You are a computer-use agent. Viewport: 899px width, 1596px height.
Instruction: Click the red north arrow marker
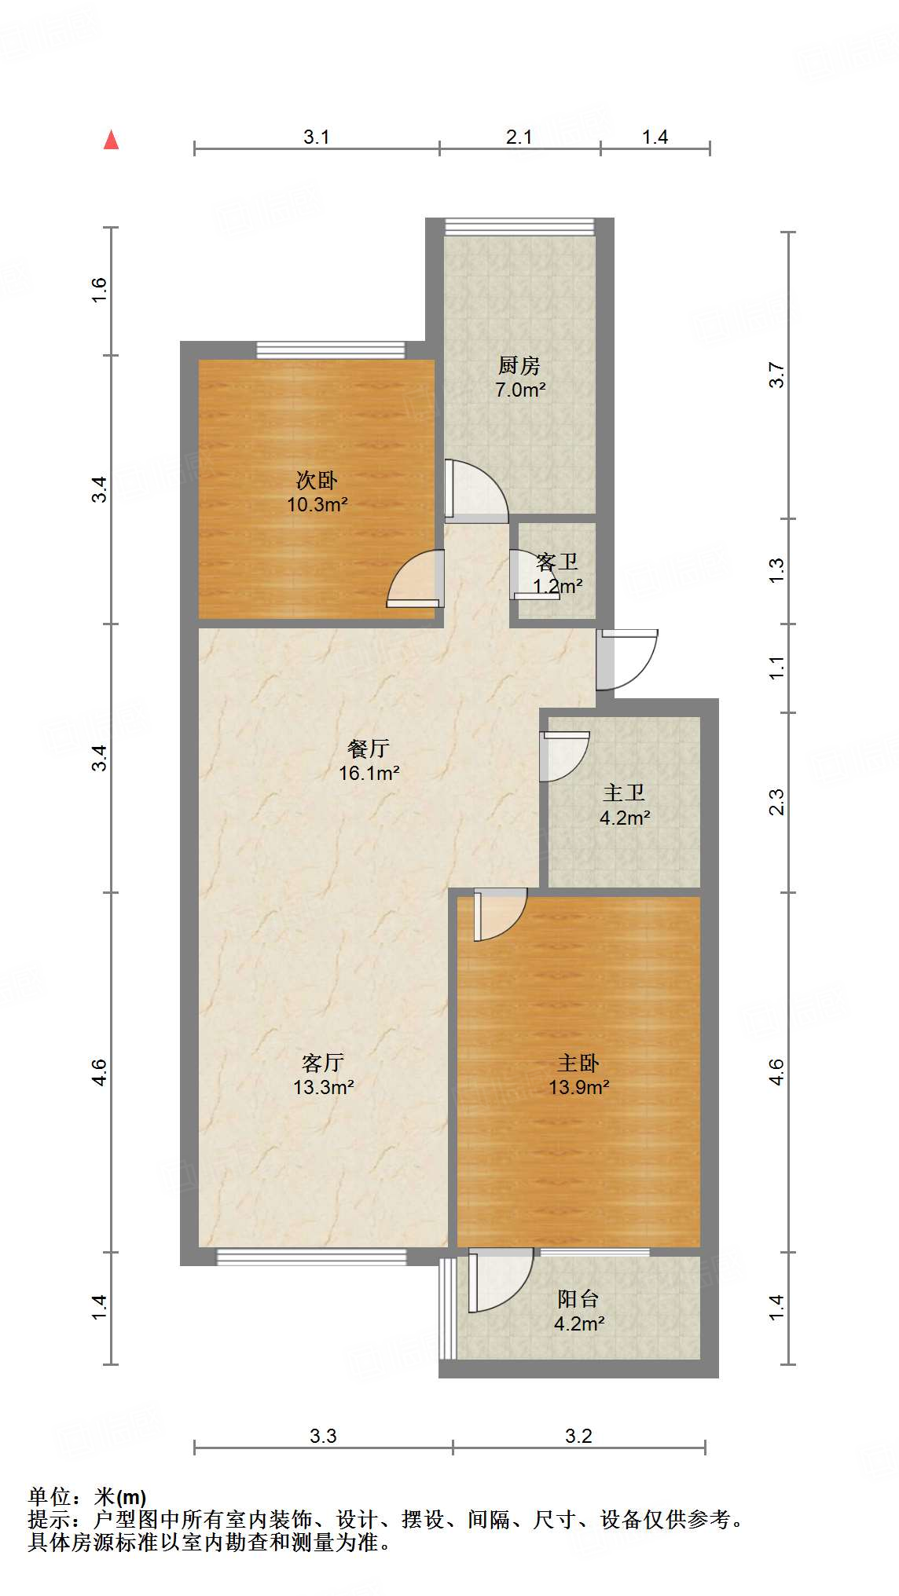tap(112, 140)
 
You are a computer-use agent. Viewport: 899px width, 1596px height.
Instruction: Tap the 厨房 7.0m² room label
tap(519, 377)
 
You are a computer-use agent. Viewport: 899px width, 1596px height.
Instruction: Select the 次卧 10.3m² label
tap(317, 492)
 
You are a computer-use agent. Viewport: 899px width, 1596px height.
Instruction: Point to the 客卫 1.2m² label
tap(557, 573)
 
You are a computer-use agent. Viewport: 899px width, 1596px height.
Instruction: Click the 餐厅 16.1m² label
tap(369, 760)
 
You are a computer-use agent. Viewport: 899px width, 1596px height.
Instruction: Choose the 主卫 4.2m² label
tap(624, 805)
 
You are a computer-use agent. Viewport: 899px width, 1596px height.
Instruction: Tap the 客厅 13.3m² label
tap(323, 1074)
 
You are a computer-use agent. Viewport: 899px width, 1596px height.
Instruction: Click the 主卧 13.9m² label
tap(579, 1074)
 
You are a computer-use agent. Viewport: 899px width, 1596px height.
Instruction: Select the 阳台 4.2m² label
tap(579, 1311)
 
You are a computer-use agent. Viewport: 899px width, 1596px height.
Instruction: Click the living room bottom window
tap(311, 1257)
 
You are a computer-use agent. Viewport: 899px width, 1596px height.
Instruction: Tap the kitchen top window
tap(519, 227)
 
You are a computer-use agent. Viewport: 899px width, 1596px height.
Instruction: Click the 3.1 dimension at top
tap(316, 137)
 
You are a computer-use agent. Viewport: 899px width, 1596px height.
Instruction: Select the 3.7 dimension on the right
tap(776, 375)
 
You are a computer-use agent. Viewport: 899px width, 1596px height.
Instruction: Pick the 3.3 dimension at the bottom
tap(322, 1436)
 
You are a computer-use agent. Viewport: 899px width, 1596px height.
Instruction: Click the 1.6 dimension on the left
tap(98, 291)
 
